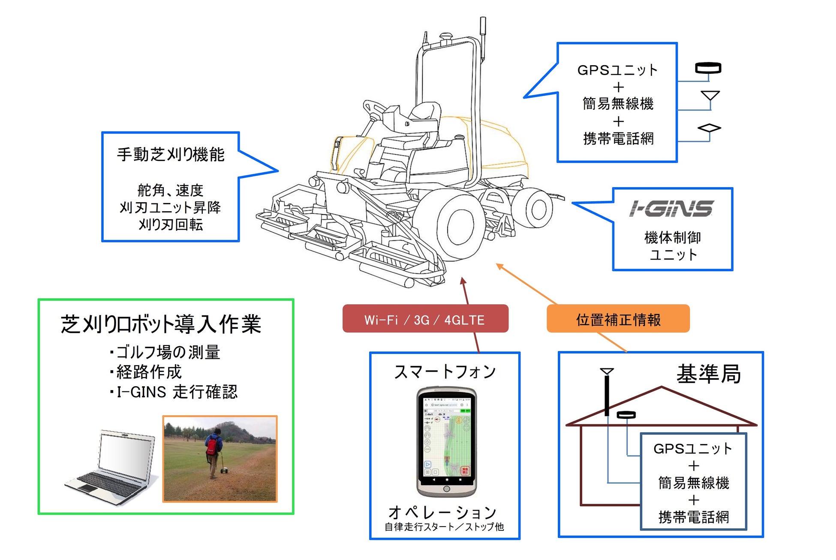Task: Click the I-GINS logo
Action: click(x=671, y=209)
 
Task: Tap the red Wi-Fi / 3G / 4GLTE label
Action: click(x=425, y=319)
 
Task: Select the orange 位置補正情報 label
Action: click(x=618, y=319)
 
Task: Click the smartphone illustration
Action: click(x=446, y=442)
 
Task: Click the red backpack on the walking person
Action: click(x=211, y=446)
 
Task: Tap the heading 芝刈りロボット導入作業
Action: click(x=161, y=324)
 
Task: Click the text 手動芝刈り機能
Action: click(x=171, y=154)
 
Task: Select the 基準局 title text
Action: click(x=708, y=374)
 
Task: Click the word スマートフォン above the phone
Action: click(x=445, y=372)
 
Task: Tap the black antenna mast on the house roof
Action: click(x=607, y=395)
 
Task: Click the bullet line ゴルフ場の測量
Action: click(x=167, y=352)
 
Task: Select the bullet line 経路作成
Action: click(x=148, y=372)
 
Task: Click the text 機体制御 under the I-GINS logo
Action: click(x=672, y=237)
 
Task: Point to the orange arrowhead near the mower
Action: click(x=499, y=266)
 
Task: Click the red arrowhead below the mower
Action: click(x=463, y=281)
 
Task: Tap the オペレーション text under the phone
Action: click(x=442, y=512)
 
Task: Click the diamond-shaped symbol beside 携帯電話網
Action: click(x=709, y=128)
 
